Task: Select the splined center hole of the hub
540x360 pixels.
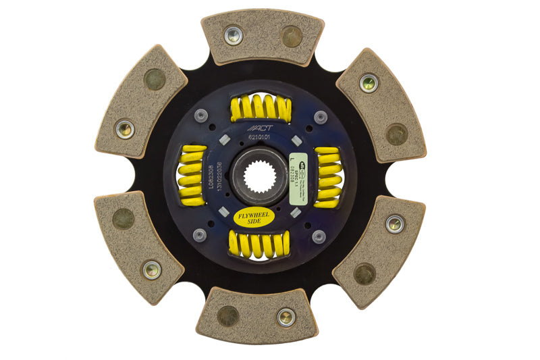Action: tap(261, 180)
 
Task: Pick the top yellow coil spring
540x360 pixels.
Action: tap(261, 108)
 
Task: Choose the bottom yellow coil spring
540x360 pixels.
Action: tap(261, 245)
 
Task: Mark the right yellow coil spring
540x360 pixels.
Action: tap(329, 178)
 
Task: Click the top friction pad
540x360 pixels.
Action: tap(263, 36)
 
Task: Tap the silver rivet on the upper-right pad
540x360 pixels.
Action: tap(368, 83)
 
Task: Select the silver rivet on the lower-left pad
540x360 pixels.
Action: tap(152, 270)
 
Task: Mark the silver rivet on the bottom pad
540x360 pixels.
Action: tap(286, 316)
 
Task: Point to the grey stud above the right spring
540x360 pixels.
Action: tap(319, 116)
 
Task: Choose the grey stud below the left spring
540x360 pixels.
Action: tap(199, 235)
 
